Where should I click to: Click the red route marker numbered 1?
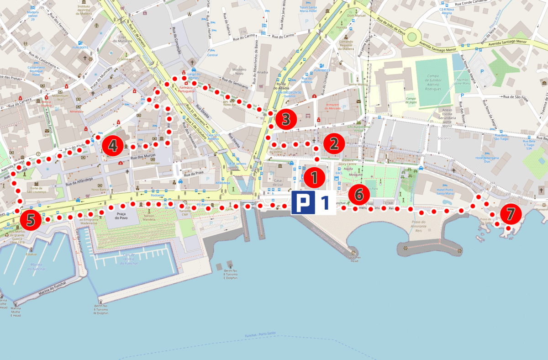pyautogui.click(x=314, y=177)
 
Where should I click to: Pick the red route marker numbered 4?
pyautogui.click(x=112, y=146)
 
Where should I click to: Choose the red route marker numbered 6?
pyautogui.click(x=359, y=195)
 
